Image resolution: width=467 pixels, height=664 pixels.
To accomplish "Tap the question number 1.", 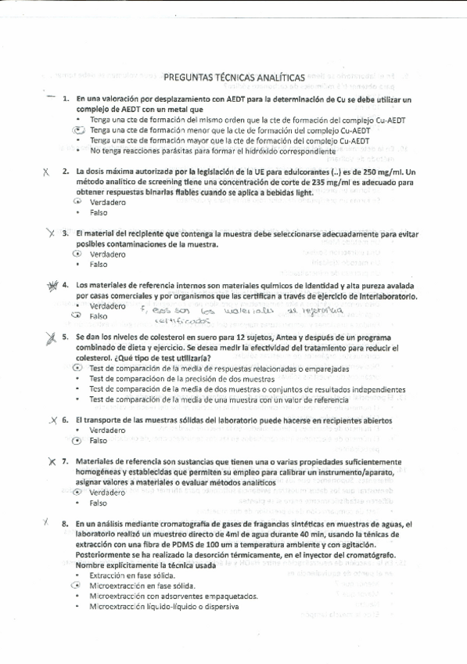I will [x=66, y=100].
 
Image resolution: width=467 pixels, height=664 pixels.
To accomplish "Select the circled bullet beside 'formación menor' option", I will [x=77, y=130].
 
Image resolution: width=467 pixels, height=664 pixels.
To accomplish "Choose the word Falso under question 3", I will [x=99, y=265].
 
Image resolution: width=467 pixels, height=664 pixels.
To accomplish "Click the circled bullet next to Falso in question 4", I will [x=77, y=316].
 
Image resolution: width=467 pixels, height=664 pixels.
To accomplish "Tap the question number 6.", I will [x=66, y=420].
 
